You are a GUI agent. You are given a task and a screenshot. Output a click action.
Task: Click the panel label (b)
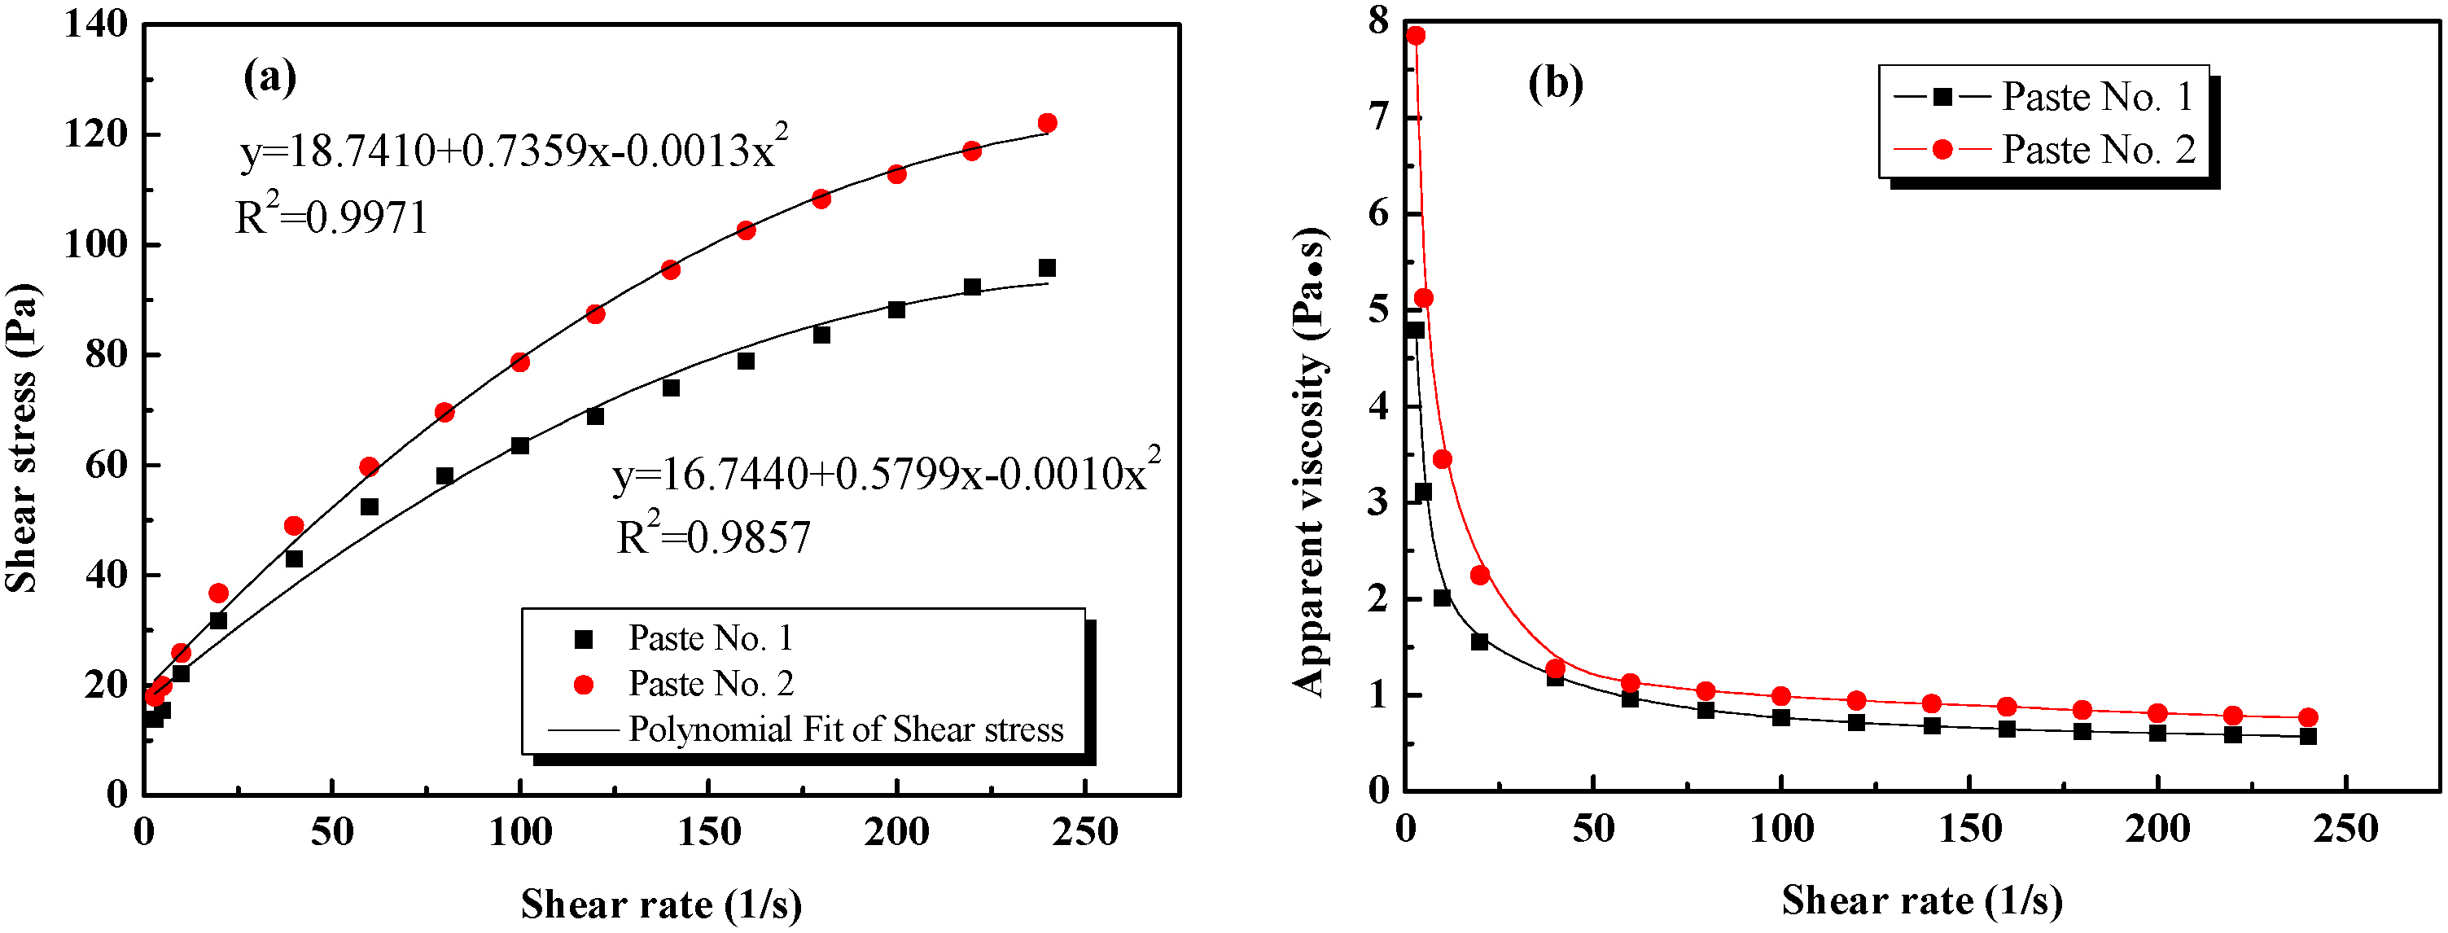(x=1555, y=84)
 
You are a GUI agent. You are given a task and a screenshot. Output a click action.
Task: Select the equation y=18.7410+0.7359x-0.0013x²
(x=513, y=150)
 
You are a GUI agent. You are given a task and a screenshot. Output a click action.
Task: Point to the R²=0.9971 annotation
(x=331, y=217)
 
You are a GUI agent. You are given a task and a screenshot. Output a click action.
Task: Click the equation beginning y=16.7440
(x=885, y=472)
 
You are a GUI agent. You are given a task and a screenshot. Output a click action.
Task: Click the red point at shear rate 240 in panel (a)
(x=1047, y=123)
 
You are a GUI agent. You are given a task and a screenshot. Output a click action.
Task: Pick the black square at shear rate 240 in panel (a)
(x=1047, y=268)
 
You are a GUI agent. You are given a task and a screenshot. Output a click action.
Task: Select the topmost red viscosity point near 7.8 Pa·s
(x=1416, y=35)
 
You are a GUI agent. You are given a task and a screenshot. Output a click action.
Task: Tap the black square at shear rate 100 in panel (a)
(x=520, y=445)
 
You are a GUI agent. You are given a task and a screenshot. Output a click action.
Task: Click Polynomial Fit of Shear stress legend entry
(x=845, y=729)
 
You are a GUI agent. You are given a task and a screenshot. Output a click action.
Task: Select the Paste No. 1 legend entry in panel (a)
(x=710, y=638)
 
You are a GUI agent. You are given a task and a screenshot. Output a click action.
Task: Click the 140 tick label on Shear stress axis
(x=95, y=24)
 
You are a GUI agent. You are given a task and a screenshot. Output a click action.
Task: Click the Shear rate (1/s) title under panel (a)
(x=661, y=905)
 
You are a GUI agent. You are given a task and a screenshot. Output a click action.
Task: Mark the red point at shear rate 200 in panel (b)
(x=2157, y=713)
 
